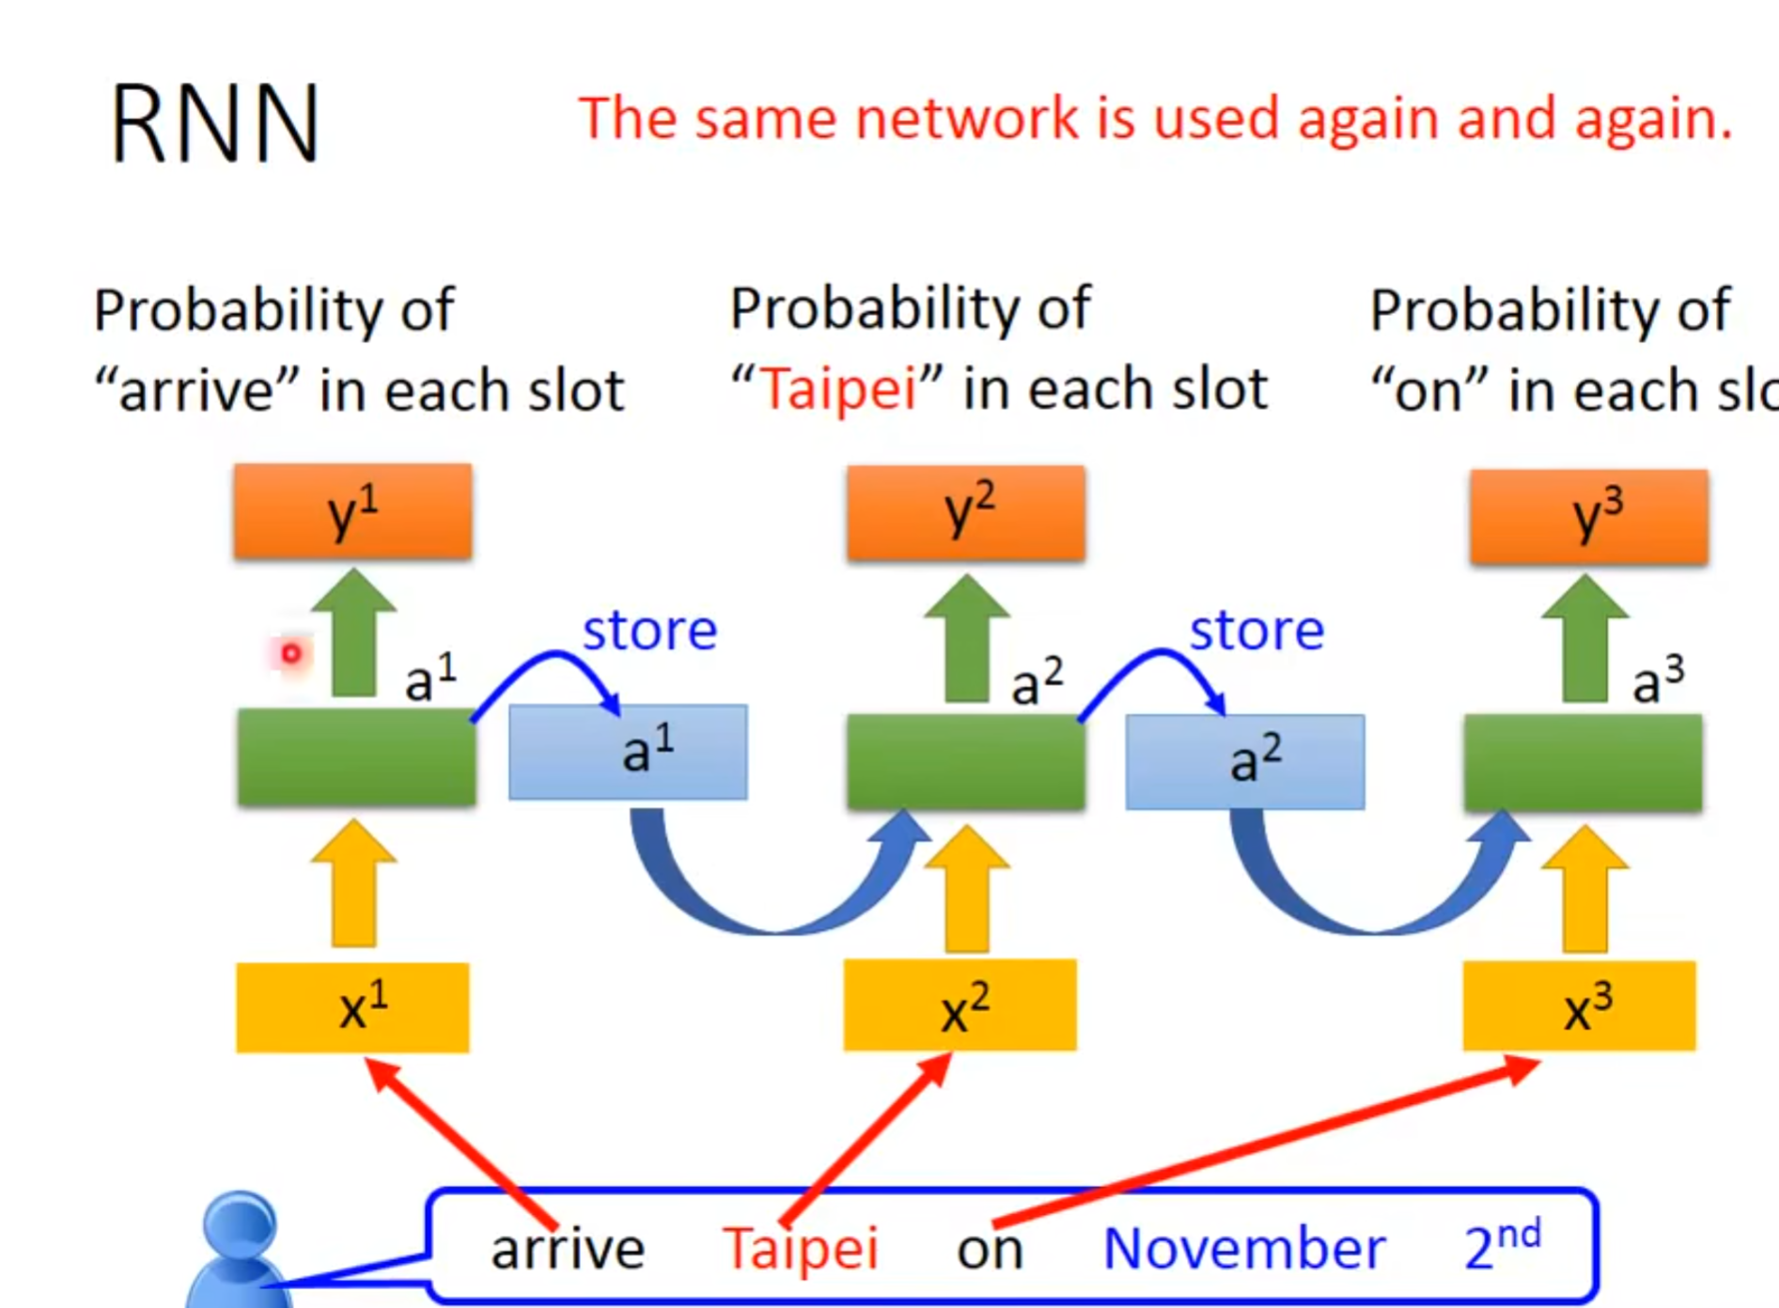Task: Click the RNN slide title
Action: [215, 125]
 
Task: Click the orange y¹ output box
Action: [353, 512]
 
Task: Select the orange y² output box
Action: [966, 513]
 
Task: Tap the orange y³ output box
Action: [1589, 517]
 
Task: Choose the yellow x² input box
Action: [960, 1005]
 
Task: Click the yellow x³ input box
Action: [1579, 1006]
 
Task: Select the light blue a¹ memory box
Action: [628, 753]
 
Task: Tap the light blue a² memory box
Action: [1245, 762]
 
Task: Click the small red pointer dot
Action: [291, 653]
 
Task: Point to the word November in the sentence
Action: [1243, 1248]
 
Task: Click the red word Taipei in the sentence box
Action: [801, 1249]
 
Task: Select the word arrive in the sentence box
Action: [568, 1249]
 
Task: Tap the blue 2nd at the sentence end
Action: [1502, 1244]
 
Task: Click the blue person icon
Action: [240, 1250]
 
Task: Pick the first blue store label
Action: [649, 630]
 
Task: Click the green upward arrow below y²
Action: [966, 639]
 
